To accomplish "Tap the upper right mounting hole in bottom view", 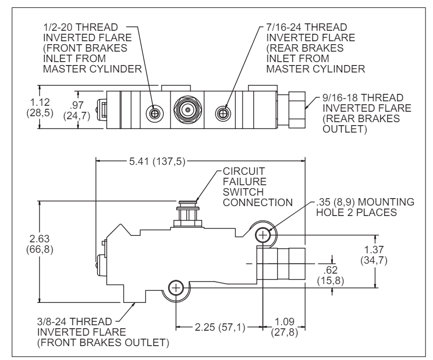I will click(262, 234).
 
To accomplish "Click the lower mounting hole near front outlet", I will click(176, 287).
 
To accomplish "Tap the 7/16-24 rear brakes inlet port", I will click(221, 113).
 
